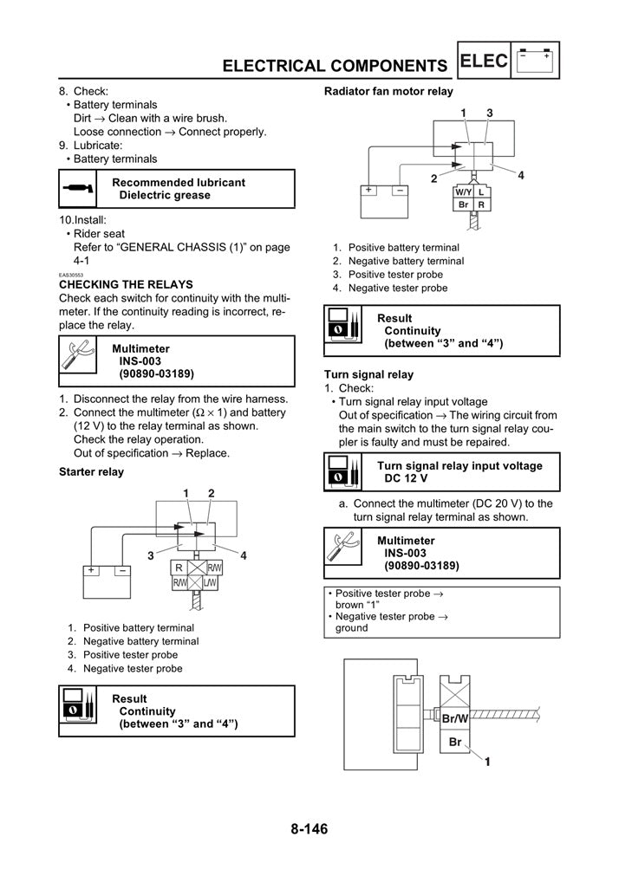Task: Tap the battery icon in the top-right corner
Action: (x=538, y=62)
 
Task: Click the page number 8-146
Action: (x=309, y=829)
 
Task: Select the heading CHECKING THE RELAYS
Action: (x=126, y=284)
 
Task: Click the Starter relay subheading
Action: (x=91, y=472)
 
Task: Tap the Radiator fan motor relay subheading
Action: (x=388, y=91)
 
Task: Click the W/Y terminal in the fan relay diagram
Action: (x=464, y=191)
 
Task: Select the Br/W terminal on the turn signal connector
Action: (x=455, y=718)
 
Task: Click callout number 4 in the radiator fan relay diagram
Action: (x=521, y=176)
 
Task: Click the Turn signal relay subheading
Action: (x=368, y=374)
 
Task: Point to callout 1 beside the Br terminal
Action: (x=487, y=762)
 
